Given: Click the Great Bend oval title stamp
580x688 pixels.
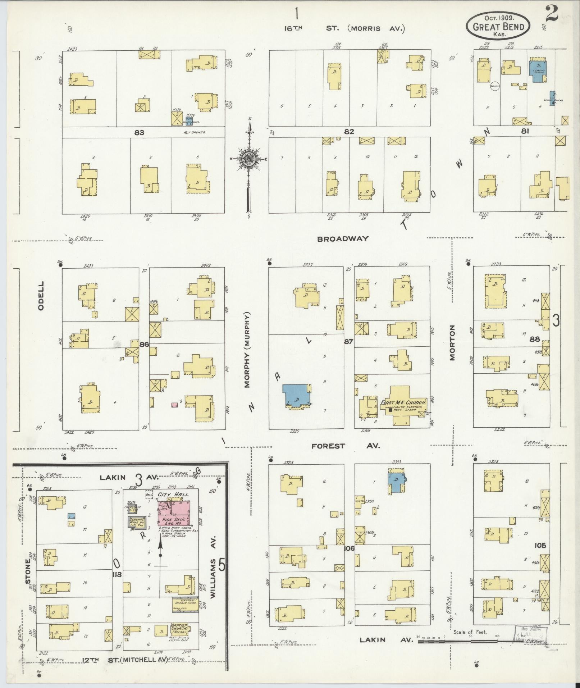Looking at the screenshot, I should click(x=498, y=25).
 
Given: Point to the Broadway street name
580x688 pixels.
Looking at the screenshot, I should click(x=343, y=238).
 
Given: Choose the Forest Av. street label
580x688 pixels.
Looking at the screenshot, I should click(x=345, y=446).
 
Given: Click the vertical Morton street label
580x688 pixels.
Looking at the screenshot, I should click(x=452, y=342).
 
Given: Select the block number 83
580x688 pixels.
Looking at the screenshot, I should click(x=139, y=132).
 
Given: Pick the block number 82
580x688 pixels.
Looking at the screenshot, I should click(x=349, y=132).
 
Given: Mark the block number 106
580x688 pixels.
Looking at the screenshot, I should click(x=349, y=548).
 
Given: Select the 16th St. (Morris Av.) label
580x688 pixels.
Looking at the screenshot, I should click(x=344, y=28).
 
